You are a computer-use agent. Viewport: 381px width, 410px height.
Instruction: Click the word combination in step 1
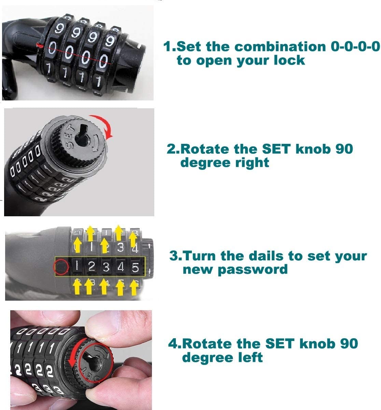pos(280,46)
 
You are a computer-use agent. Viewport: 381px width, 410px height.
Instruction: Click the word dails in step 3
pos(266,256)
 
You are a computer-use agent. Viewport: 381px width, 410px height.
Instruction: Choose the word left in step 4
pos(251,357)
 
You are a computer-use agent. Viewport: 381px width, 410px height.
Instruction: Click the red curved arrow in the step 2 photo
pos(104,123)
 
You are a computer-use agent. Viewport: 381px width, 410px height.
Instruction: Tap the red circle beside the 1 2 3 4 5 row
pos(61,267)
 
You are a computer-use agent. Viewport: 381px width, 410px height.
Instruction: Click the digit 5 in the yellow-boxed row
pos(135,268)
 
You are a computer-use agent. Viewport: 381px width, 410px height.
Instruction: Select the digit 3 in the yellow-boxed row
pos(106,267)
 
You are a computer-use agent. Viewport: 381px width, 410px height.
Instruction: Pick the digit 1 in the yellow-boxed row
pos(77,266)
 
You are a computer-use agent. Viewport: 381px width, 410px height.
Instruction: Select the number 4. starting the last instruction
pos(175,343)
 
